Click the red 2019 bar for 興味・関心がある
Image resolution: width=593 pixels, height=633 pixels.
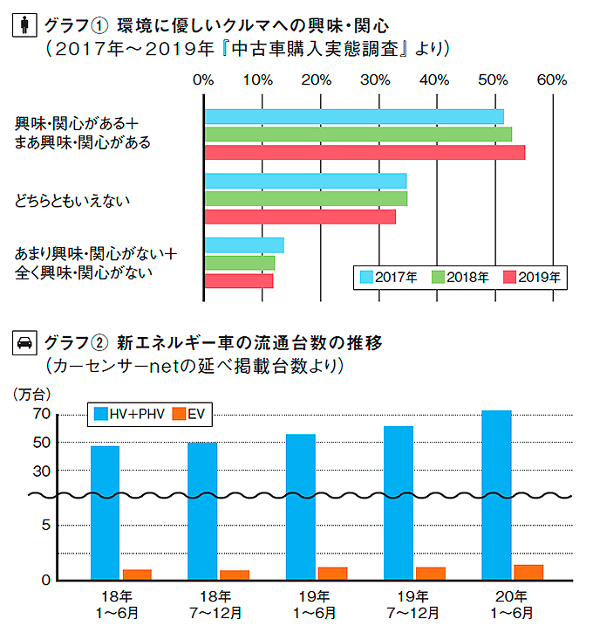pos(365,153)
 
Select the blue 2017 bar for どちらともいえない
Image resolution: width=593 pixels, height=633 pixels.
pos(305,181)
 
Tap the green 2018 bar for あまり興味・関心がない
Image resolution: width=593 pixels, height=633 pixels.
pos(240,263)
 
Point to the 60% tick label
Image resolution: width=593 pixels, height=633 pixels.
pos(551,79)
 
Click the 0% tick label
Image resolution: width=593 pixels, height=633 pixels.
pos(203,79)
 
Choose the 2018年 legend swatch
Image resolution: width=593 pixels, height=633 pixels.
pos(439,278)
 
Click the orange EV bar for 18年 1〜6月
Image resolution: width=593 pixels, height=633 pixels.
pos(137,575)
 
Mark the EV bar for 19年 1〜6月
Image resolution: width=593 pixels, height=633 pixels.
pos(332,574)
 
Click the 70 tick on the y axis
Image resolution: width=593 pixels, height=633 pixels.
pos(43,415)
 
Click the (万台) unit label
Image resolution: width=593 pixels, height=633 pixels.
pos(32,394)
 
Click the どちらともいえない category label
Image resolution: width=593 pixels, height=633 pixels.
pos(72,202)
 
